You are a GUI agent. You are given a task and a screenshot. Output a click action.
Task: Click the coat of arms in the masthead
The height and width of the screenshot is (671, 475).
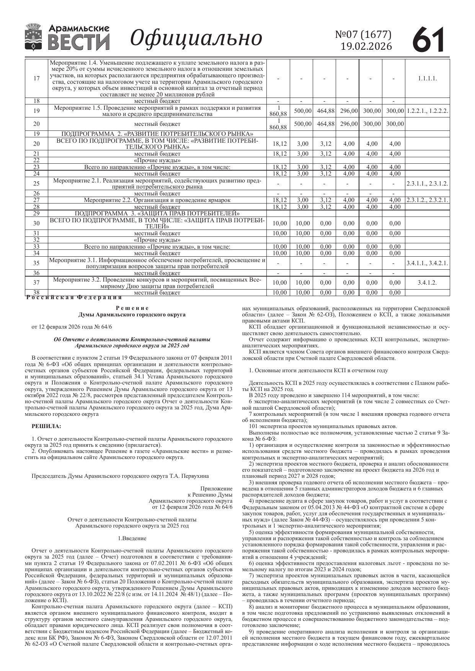(x=34, y=37)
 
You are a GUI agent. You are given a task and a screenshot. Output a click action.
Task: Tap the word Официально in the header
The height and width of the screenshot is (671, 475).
(x=196, y=38)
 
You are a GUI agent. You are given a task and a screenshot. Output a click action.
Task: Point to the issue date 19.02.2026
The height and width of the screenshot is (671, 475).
(x=366, y=46)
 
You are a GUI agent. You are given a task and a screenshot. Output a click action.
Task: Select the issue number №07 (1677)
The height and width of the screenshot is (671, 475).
(x=363, y=34)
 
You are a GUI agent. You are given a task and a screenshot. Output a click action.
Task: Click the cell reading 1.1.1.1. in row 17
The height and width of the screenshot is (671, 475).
(x=427, y=78)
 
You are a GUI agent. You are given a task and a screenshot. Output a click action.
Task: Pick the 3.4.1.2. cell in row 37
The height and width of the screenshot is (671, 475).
(x=427, y=283)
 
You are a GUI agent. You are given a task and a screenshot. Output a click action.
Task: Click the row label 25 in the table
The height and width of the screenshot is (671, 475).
(x=36, y=184)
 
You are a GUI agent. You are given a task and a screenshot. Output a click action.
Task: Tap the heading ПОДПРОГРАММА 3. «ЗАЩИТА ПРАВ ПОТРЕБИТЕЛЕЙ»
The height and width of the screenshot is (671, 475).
(x=157, y=213)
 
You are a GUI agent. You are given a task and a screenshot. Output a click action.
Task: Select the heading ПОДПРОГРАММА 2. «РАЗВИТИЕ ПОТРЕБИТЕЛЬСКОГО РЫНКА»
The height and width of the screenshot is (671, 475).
(x=157, y=134)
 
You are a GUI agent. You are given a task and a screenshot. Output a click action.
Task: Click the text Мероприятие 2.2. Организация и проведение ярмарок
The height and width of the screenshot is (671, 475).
(x=157, y=200)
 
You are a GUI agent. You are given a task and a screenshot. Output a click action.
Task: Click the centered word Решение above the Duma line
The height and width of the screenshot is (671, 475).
(x=132, y=308)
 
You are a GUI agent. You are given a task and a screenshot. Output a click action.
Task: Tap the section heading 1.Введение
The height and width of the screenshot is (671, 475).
(x=132, y=538)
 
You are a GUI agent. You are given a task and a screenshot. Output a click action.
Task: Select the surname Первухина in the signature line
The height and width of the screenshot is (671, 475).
(x=196, y=476)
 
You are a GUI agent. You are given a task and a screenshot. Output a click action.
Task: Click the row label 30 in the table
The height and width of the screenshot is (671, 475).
(x=36, y=223)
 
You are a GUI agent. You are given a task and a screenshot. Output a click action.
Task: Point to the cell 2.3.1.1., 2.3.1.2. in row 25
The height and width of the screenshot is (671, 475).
(x=427, y=184)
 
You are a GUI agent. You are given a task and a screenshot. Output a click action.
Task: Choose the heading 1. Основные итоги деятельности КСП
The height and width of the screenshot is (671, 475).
(x=318, y=370)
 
